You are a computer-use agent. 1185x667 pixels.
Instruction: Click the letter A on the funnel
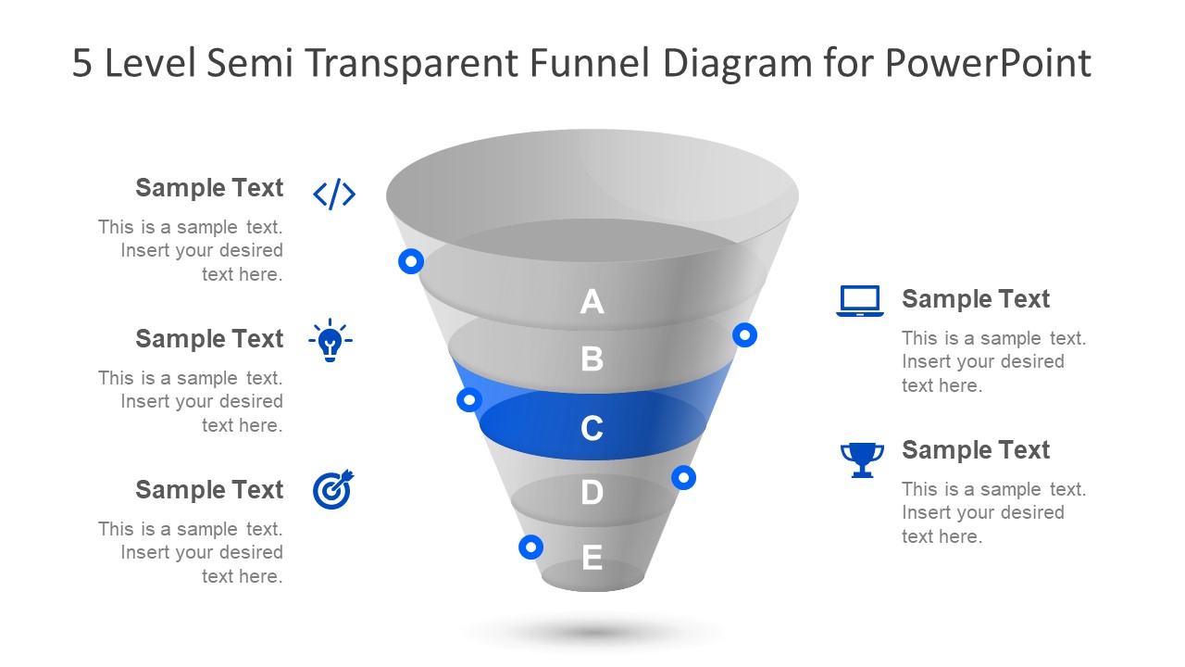click(592, 302)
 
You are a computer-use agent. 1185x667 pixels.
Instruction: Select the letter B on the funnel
click(592, 359)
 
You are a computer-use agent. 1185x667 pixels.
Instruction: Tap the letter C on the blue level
click(592, 428)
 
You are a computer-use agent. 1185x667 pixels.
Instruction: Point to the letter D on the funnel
click(592, 492)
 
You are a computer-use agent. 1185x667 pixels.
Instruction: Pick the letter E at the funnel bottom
click(592, 558)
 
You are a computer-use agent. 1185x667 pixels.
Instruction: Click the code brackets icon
click(334, 195)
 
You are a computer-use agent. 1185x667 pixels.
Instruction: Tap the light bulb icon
click(331, 340)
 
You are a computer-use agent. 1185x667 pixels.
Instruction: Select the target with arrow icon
click(333, 490)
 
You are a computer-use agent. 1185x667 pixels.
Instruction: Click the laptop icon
click(860, 301)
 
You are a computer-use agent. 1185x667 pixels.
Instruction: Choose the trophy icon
click(862, 460)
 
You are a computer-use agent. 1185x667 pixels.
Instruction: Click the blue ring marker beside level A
click(411, 261)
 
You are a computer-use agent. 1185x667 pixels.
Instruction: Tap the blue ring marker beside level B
click(745, 335)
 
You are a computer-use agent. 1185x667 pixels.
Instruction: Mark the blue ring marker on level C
click(469, 400)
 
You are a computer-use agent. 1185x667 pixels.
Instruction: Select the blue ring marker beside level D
click(684, 478)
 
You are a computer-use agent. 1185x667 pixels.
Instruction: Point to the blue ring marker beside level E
click(531, 547)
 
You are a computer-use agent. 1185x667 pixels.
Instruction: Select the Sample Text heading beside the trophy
click(976, 450)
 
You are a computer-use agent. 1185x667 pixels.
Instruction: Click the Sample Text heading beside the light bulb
click(209, 339)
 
